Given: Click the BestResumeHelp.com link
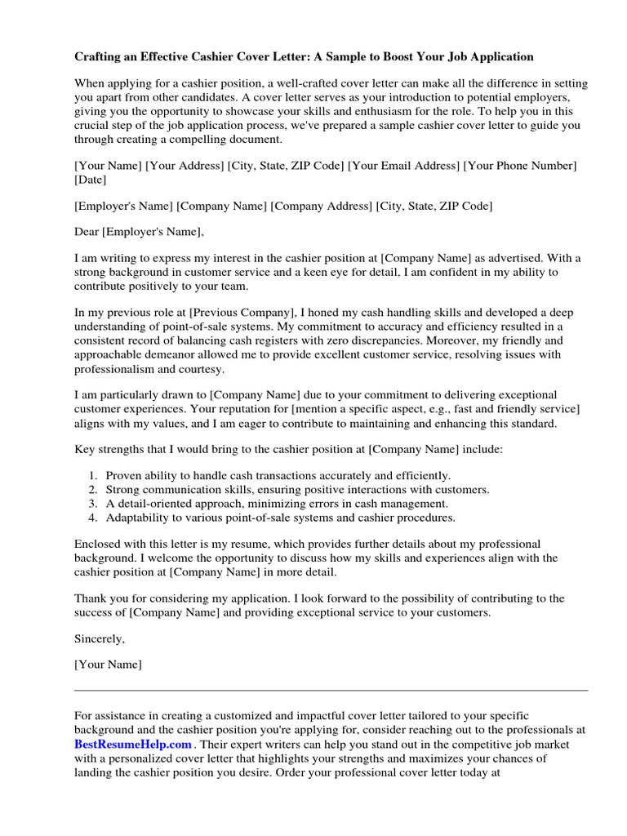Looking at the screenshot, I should (x=133, y=744).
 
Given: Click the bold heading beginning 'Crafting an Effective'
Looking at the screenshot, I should (x=304, y=57).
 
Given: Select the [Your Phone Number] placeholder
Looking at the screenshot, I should (x=520, y=166).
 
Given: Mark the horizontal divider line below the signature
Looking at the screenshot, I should (x=331, y=690).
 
